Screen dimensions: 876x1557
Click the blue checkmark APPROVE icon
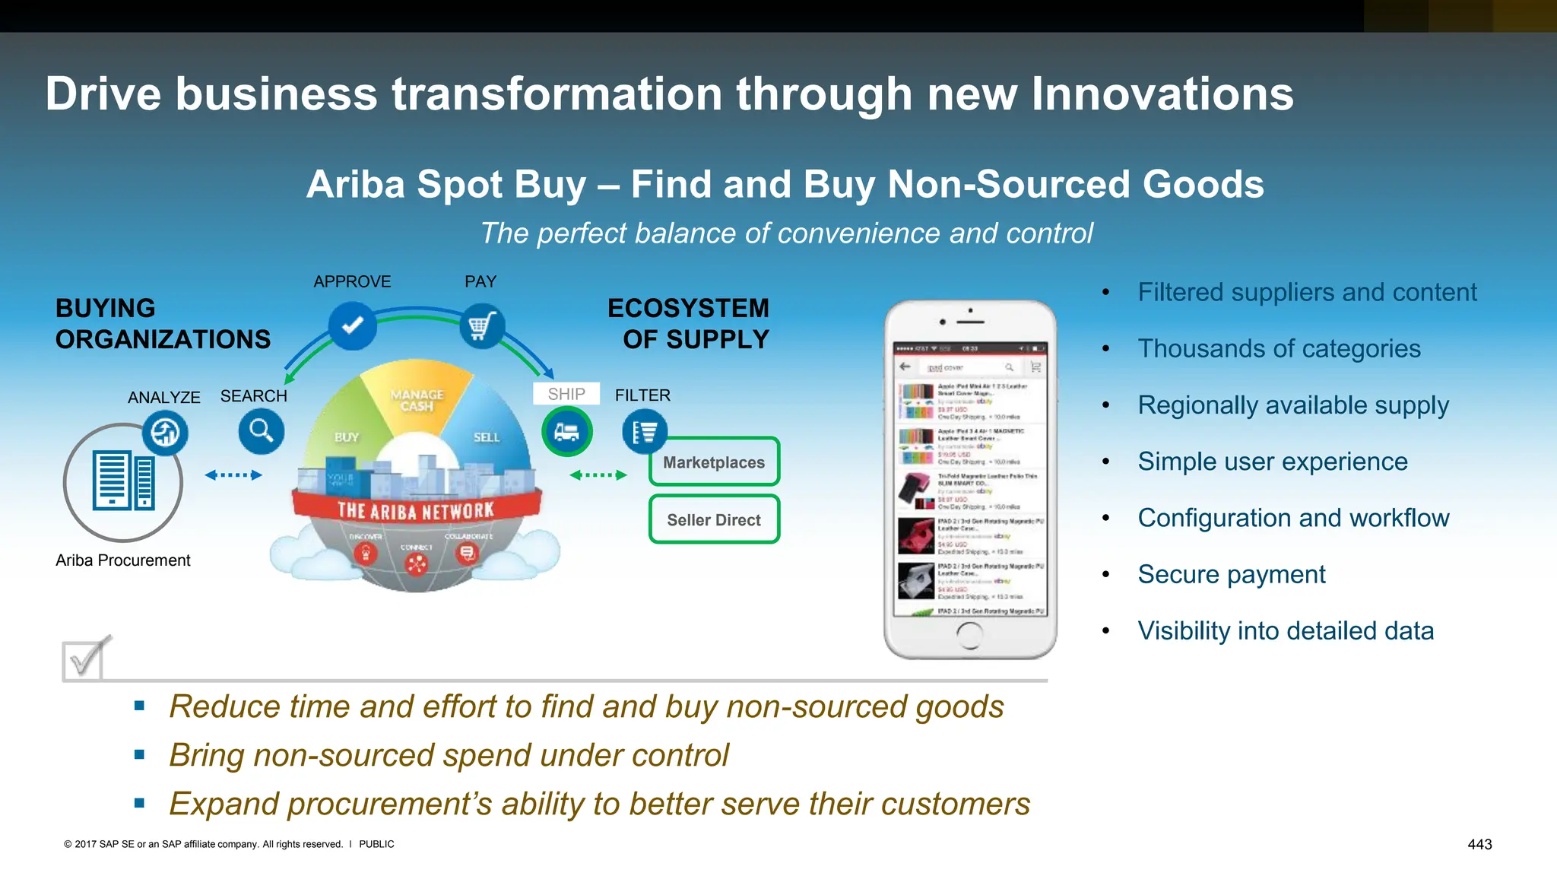pos(352,326)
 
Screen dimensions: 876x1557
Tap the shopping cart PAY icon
pos(481,326)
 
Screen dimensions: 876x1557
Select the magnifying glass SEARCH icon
pos(261,431)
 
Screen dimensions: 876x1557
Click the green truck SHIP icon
pos(566,431)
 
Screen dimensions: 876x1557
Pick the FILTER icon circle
pos(645,432)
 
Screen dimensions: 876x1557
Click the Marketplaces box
pos(714,462)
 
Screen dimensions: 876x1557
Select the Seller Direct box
pos(714,519)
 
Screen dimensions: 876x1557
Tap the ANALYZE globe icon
pos(165,433)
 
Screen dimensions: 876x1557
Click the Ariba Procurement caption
pos(123,560)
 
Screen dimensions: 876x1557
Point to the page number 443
pos(1479,844)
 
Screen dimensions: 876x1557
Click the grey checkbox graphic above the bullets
pos(84,659)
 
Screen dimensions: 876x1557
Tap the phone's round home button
pos(969,634)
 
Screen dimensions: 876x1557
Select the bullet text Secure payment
pos(1231,574)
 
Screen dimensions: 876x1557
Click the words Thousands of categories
pos(1279,348)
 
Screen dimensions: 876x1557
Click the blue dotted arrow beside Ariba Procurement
pos(233,475)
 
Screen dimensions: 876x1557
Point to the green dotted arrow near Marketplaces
pos(598,475)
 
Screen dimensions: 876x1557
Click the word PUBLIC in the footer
pos(376,844)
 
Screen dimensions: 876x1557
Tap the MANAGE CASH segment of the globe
pos(417,400)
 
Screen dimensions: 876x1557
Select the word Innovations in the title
pos(1162,94)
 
